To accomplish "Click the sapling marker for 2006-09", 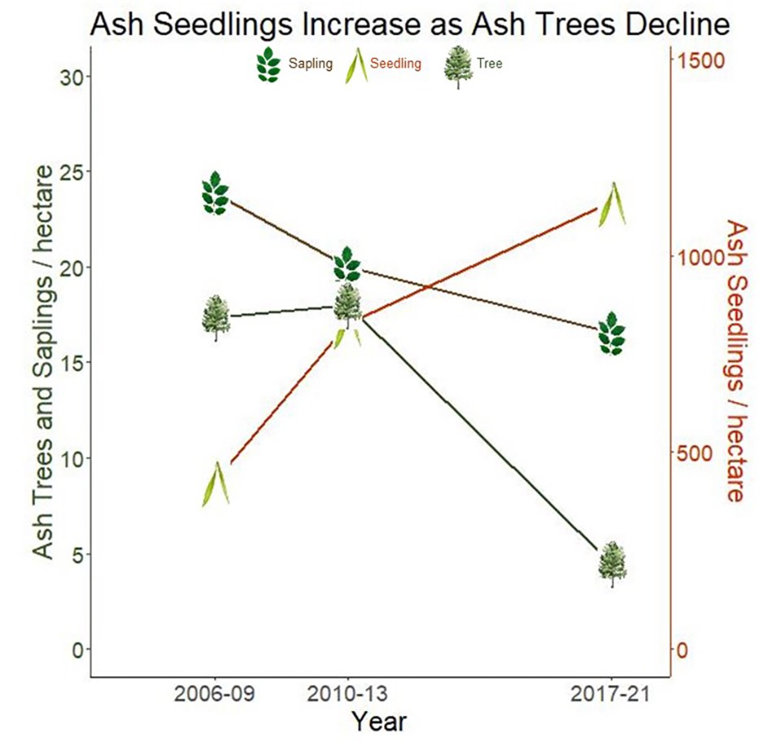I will [216, 194].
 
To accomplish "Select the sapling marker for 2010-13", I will [347, 264].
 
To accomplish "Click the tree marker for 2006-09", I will [216, 317].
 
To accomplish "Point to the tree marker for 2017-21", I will [613, 564].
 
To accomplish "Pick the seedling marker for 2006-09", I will [216, 484].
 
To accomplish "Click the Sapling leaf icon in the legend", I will [267, 64].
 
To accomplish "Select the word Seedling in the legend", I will [395, 64].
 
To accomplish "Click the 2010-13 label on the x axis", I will [347, 696].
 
